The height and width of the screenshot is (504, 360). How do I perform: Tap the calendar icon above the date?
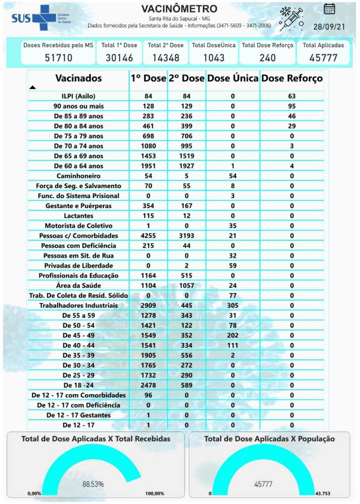(x=329, y=8)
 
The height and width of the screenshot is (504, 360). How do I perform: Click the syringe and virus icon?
(x=291, y=19)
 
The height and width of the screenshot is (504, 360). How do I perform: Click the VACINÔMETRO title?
(x=179, y=9)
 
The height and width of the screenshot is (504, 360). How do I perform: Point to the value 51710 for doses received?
(x=58, y=58)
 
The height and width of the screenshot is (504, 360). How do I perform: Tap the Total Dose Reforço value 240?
(x=267, y=58)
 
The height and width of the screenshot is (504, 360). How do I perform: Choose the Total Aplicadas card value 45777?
(x=323, y=58)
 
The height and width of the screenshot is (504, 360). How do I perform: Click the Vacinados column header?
(x=79, y=78)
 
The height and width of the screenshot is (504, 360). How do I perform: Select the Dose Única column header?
(x=232, y=78)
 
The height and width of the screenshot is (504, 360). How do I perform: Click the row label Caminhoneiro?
(x=79, y=176)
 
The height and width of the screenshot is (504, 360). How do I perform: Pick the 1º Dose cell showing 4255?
(x=148, y=235)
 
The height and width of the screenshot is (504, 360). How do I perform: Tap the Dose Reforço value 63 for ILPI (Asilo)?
(x=292, y=96)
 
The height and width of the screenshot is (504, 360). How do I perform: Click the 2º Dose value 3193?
(x=187, y=235)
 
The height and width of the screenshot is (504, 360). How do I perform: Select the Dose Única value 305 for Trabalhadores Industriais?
(x=232, y=305)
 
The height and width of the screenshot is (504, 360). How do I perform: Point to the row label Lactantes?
(x=79, y=216)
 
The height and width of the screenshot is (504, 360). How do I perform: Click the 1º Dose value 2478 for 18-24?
(x=148, y=385)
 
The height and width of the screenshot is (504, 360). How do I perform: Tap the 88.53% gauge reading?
(x=93, y=484)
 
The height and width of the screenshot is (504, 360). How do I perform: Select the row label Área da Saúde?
(x=79, y=285)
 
